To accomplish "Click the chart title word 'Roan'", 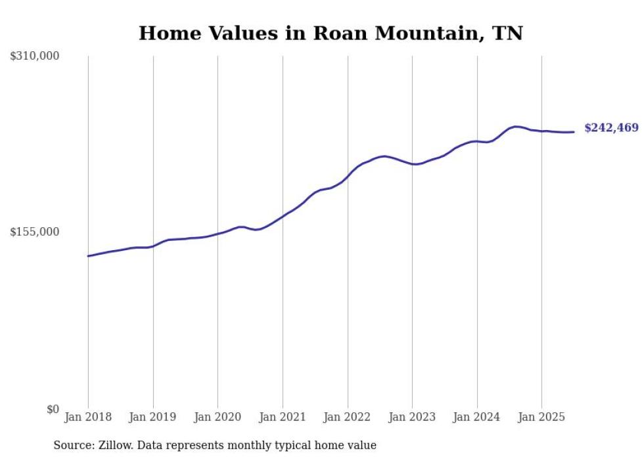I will [x=337, y=33].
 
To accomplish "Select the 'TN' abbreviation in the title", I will [x=507, y=33].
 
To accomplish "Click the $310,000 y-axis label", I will [x=35, y=56].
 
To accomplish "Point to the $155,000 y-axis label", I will [x=35, y=232].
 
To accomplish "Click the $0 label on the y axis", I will [x=53, y=409].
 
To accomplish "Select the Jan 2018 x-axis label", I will [x=88, y=417].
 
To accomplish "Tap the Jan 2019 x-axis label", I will [x=153, y=417].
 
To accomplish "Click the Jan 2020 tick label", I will [x=218, y=417].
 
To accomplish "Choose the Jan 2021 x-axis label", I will [x=283, y=417].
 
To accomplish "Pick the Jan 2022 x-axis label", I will [x=348, y=417].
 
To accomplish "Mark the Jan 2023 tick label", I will [x=412, y=417].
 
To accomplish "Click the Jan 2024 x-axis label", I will [x=477, y=417].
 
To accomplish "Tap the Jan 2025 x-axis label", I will [x=541, y=417].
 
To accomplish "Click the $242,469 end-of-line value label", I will [x=611, y=128].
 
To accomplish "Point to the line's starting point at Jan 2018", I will [x=88, y=256].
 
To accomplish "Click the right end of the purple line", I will [x=574, y=132].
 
